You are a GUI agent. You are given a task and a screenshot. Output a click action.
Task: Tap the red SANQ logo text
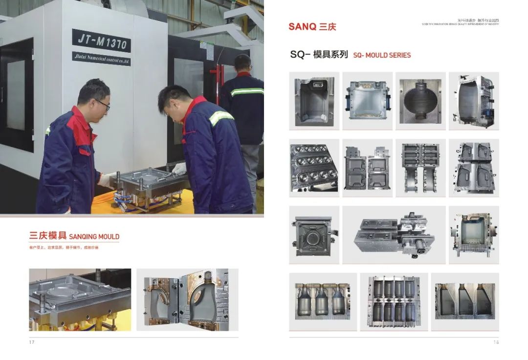pyautogui.click(x=302, y=26)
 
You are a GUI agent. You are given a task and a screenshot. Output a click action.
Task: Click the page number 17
pyautogui.click(x=32, y=342)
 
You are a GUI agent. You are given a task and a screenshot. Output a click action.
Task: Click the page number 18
pyautogui.click(x=496, y=342)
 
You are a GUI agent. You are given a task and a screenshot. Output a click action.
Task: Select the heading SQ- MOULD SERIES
pyautogui.click(x=382, y=55)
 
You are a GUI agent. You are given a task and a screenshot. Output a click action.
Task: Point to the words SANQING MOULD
pyautogui.click(x=94, y=236)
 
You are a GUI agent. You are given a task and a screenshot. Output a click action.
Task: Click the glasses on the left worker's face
pyautogui.click(x=103, y=104)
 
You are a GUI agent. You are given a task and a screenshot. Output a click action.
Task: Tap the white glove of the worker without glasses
pyautogui.click(x=179, y=169)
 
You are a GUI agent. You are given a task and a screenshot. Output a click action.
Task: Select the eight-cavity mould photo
pyautogui.click(x=314, y=167)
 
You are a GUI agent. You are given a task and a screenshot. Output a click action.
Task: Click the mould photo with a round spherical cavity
pyautogui.click(x=420, y=100)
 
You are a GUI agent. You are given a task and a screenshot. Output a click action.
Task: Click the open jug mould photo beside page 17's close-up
pyautogui.click(x=187, y=299)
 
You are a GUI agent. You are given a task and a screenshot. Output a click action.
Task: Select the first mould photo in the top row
pyautogui.click(x=314, y=100)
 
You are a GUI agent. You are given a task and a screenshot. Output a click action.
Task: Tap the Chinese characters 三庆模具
pyautogui.click(x=48, y=236)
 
